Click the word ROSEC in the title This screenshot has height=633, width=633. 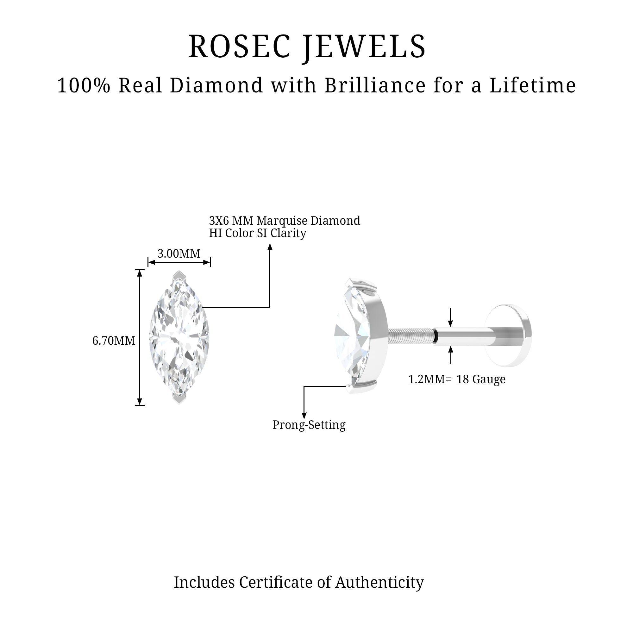click(239, 47)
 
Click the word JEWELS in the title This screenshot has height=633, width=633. click(364, 47)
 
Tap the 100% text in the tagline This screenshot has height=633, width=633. click(84, 85)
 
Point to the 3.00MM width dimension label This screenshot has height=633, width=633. click(179, 254)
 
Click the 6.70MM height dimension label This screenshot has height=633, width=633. click(113, 341)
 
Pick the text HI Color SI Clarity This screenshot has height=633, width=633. click(258, 233)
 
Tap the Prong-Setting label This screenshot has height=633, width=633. click(309, 425)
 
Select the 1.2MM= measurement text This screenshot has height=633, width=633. click(429, 379)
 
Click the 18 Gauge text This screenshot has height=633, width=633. click(481, 379)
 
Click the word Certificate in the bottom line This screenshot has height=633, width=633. click(276, 583)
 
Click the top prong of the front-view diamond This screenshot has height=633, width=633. click(179, 275)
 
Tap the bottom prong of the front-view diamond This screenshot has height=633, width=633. click(179, 399)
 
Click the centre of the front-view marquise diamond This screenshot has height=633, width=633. click(179, 337)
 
